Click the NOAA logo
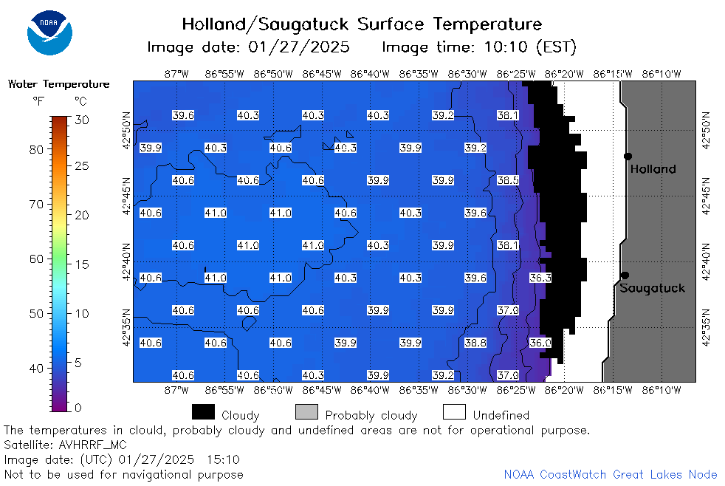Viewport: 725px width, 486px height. [50, 32]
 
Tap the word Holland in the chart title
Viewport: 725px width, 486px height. [213, 24]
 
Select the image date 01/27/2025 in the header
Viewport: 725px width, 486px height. [299, 47]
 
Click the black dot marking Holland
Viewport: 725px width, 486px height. [628, 157]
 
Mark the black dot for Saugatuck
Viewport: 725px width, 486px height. [625, 275]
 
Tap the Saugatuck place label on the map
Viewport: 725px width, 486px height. [652, 289]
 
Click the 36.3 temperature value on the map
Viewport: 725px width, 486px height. [540, 278]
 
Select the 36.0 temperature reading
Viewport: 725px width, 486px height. [540, 343]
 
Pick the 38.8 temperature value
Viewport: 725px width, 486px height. [475, 343]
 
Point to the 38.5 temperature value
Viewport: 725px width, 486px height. [508, 180]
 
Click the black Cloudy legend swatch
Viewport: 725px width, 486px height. [204, 412]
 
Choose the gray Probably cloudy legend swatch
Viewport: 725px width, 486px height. [306, 412]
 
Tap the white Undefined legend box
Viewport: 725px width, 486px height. [454, 412]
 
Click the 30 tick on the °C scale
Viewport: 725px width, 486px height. [82, 120]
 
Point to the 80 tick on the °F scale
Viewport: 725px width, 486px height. [36, 149]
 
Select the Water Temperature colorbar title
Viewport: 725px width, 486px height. [59, 84]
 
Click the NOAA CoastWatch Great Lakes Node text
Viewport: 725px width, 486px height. [611, 474]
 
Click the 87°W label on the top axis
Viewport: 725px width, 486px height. [176, 74]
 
